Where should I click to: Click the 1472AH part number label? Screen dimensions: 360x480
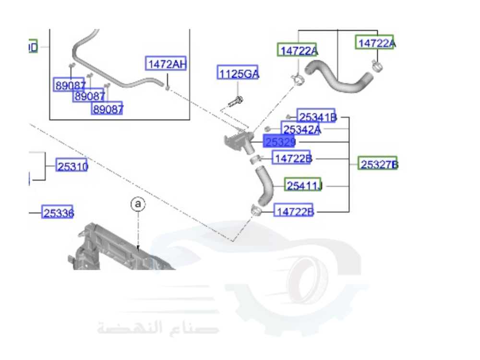(x=167, y=64)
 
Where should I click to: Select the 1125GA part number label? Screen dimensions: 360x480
(x=238, y=73)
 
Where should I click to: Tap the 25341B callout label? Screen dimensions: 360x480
(x=317, y=117)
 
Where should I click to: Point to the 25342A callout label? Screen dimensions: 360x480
(x=301, y=129)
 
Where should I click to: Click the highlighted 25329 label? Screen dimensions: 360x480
(x=279, y=142)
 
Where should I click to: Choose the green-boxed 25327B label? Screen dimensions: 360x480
(x=378, y=164)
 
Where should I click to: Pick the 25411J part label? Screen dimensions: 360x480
(x=303, y=184)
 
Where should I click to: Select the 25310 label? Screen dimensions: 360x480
(x=72, y=167)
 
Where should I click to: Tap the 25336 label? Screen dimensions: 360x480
(x=58, y=213)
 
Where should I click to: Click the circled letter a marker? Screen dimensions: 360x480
(x=138, y=204)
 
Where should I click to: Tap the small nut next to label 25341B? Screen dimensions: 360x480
(x=288, y=117)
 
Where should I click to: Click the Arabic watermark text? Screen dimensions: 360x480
(x=158, y=329)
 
